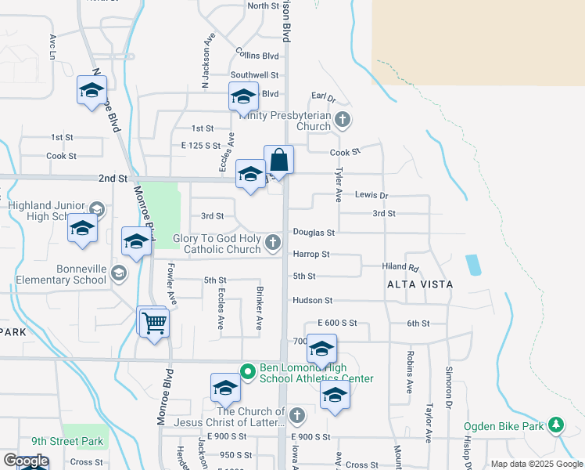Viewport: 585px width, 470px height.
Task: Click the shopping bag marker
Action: [x=278, y=161]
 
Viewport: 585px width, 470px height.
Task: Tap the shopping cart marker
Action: [x=154, y=322]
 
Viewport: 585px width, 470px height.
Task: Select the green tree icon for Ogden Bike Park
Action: [x=555, y=424]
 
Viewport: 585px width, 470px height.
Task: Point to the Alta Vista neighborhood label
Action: [x=419, y=284]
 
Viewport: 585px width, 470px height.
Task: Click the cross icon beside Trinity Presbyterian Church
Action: [x=342, y=120]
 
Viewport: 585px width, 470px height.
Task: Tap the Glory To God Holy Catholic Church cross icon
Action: [x=272, y=242]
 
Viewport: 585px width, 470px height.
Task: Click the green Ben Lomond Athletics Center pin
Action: [x=247, y=371]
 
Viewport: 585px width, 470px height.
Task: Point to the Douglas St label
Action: [x=314, y=233]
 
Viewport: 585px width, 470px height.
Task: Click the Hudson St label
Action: [x=313, y=300]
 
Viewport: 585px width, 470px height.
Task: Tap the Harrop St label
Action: [x=311, y=254]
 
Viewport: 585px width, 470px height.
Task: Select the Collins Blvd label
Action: [x=257, y=55]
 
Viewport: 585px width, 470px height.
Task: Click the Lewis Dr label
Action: [x=371, y=194]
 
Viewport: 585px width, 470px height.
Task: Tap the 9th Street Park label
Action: [x=67, y=442]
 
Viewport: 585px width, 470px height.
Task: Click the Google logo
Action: [x=25, y=461]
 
